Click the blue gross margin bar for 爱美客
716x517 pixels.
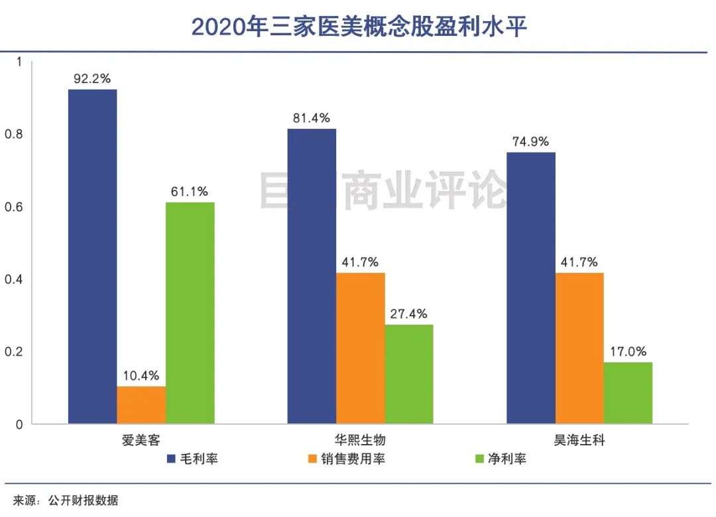93,256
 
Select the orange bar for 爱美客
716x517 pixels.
141,405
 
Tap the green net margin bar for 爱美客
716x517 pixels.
190,313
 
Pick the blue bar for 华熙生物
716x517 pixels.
312,276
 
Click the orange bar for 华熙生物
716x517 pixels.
361,348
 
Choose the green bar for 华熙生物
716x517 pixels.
409,374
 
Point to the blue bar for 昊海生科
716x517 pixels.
531,287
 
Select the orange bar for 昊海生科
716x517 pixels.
579,348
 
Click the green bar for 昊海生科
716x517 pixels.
628,393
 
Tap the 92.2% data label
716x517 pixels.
93,79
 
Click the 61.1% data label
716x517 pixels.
190,192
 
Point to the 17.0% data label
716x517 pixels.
628,352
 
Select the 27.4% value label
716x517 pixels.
409,314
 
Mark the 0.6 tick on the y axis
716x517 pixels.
13,206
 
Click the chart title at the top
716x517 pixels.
359,27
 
